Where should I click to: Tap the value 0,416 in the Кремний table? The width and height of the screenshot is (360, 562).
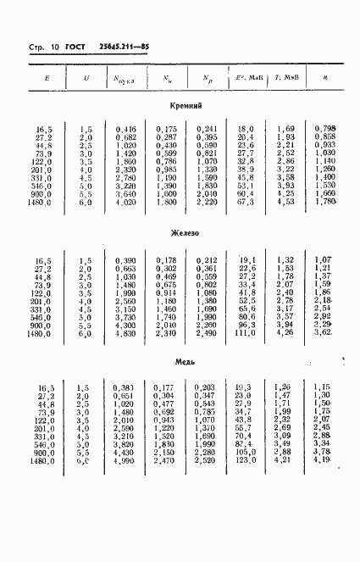(125, 128)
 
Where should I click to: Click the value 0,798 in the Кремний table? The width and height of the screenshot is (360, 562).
(325, 128)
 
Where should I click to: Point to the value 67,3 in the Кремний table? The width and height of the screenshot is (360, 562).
(246, 203)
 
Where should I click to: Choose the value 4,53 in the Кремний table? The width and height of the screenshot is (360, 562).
(285, 203)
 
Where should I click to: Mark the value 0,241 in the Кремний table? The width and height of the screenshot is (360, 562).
(207, 128)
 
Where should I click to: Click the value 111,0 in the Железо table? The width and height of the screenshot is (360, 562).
(246, 333)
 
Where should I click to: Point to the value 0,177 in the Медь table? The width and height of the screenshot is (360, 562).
(165, 387)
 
